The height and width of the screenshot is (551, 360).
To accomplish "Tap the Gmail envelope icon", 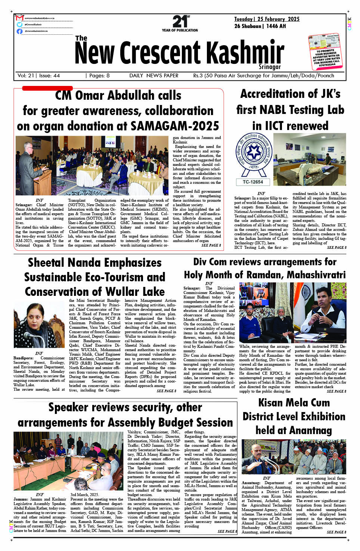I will point(20,18).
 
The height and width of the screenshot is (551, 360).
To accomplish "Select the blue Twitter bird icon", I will point(19,24).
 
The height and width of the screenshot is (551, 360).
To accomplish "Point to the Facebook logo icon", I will point(19,31).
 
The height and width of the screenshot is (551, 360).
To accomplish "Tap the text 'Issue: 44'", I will point(49,75).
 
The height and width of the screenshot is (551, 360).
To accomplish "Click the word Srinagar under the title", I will point(270,66).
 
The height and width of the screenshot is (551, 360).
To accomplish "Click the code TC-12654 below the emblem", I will point(253,182).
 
